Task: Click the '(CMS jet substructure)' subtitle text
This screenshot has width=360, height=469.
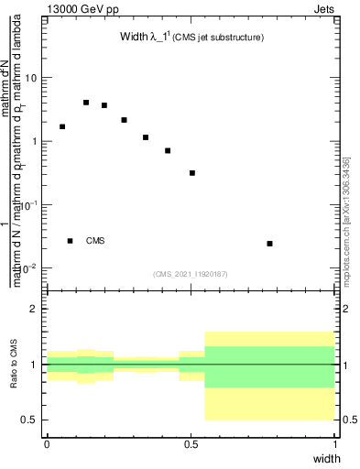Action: tap(220, 38)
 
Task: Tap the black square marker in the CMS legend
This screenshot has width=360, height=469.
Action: tap(71, 241)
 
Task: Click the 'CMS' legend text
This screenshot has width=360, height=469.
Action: tap(95, 241)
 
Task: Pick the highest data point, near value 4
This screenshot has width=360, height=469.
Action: tap(86, 103)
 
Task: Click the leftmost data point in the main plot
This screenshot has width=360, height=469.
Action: tap(62, 126)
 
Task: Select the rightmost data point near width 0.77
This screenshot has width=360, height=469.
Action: tap(269, 244)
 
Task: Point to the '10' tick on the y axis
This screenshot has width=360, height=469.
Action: tap(30, 78)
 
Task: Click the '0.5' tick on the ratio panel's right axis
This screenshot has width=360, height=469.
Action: tap(347, 420)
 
